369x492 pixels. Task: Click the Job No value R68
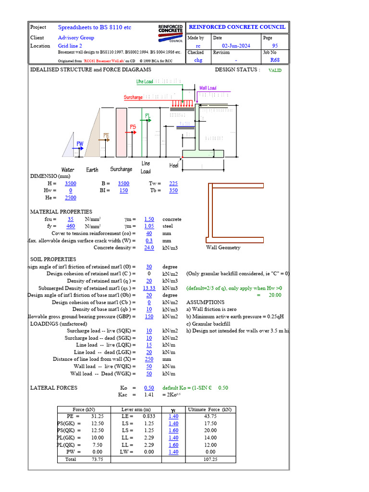(275, 60)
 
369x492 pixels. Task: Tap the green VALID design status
(275, 70)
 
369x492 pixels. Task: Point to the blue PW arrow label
(80, 144)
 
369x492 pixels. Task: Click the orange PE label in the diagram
(107, 136)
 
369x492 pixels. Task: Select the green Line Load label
(145, 82)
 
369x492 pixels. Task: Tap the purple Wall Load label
(208, 88)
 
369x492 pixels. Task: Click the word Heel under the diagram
(174, 165)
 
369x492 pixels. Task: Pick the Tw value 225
(173, 184)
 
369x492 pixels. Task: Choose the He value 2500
(70, 197)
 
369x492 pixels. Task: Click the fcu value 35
(70, 219)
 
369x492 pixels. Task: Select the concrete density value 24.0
(149, 247)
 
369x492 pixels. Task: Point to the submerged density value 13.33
(149, 288)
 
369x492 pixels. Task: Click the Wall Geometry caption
(223, 247)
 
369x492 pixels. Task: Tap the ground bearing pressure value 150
(149, 317)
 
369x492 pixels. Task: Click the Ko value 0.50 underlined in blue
(149, 388)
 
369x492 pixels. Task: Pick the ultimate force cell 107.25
(210, 459)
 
